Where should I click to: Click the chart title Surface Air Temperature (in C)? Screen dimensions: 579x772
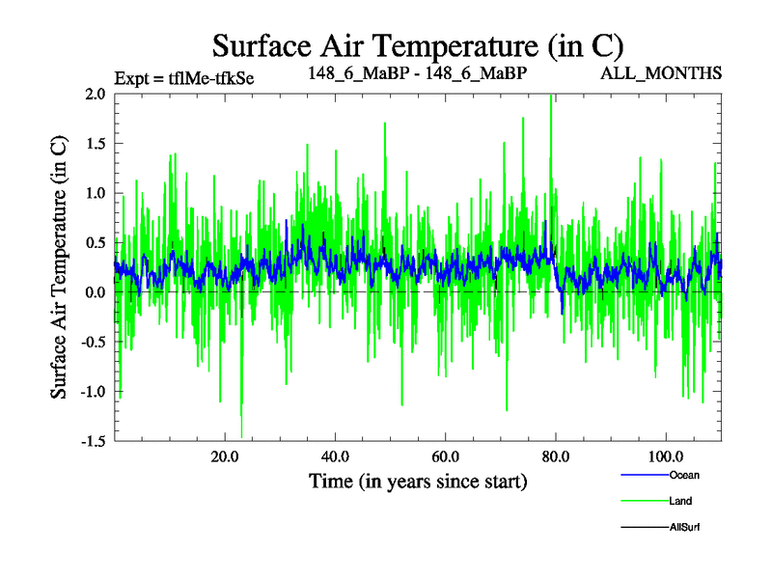[418, 45]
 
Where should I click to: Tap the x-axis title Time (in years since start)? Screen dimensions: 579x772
[417, 481]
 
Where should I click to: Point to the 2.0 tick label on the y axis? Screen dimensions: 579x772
[95, 95]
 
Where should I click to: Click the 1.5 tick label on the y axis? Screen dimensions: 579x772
[95, 144]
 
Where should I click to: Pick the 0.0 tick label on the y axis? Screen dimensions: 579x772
[95, 292]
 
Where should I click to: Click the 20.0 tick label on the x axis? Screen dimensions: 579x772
[225, 456]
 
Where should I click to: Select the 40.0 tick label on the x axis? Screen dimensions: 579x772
[335, 456]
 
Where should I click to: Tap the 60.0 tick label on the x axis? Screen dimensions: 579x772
[445, 456]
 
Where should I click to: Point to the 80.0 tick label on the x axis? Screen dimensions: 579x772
[556, 456]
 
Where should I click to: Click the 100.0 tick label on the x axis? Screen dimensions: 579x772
[666, 456]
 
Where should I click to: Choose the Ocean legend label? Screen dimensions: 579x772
[683, 475]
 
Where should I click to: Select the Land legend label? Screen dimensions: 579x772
[680, 501]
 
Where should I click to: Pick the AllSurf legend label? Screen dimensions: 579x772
[684, 527]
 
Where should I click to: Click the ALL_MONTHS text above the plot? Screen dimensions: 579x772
[675, 73]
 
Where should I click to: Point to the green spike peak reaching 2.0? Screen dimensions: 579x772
[551, 96]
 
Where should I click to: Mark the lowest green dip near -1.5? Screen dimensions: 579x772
[241, 435]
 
